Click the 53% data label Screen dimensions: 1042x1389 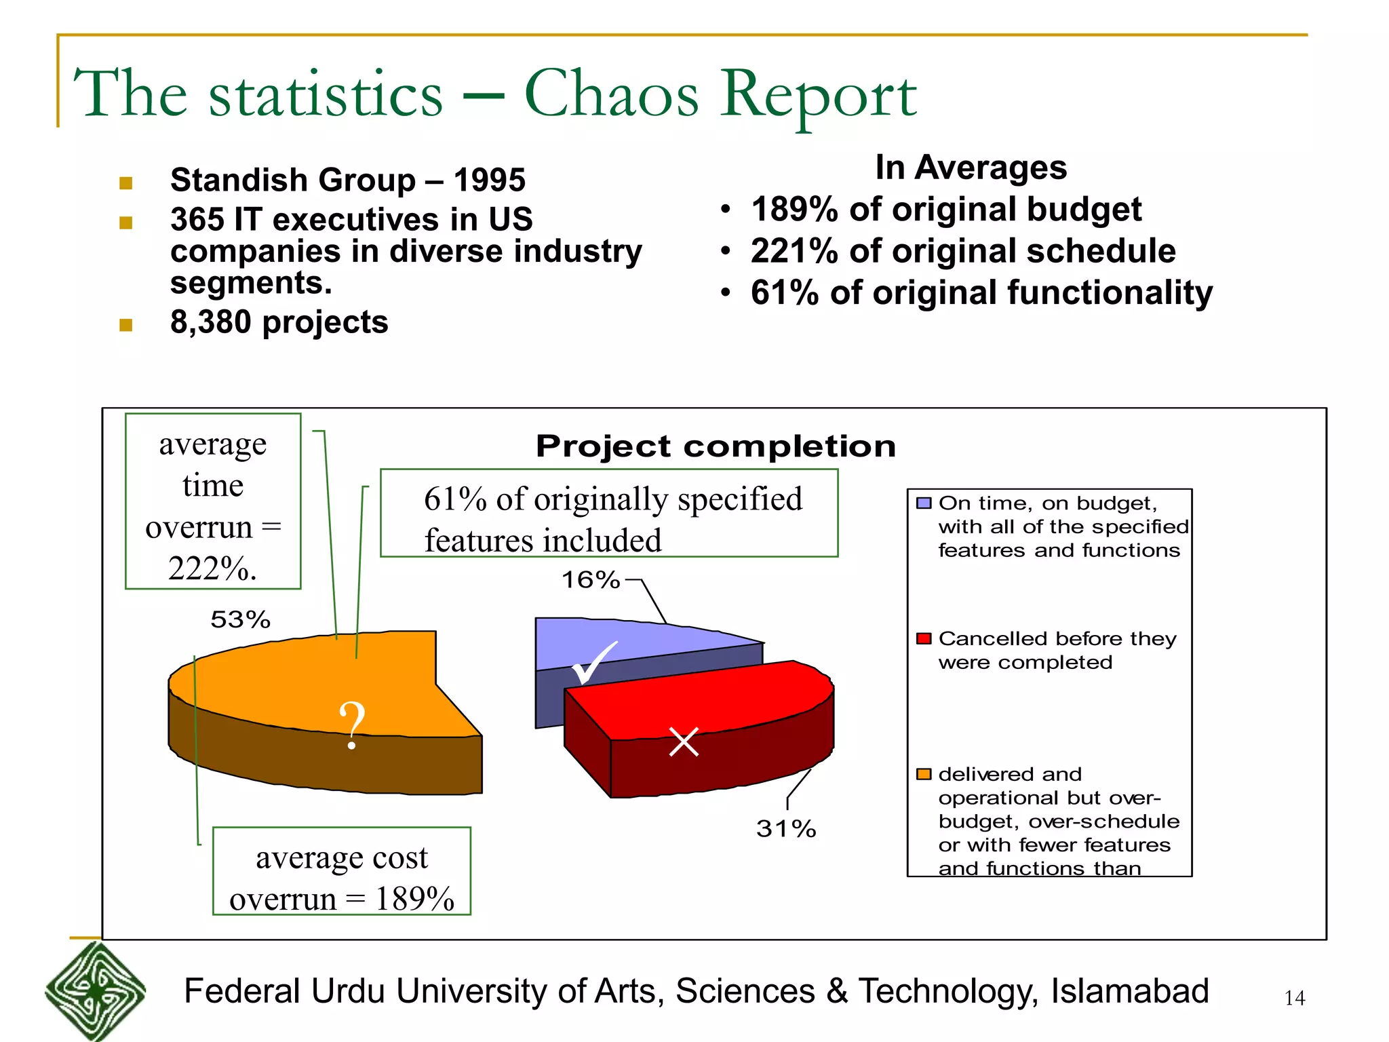[x=240, y=619]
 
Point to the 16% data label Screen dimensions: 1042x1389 [x=590, y=580]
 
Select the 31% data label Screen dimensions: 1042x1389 [x=785, y=829]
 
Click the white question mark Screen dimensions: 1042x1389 [x=352, y=725]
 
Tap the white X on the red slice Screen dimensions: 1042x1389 [x=684, y=741]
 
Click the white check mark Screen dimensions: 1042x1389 [x=593, y=663]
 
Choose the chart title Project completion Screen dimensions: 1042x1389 [x=716, y=446]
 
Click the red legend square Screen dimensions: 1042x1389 [x=923, y=638]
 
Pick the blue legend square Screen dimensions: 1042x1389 [x=923, y=503]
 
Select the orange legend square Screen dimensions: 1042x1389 [x=923, y=774]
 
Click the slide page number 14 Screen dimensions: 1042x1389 [x=1294, y=998]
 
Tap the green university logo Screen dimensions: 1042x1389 [x=96, y=991]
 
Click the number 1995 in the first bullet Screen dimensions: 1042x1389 [x=489, y=180]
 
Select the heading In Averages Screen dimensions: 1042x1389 [x=971, y=168]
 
